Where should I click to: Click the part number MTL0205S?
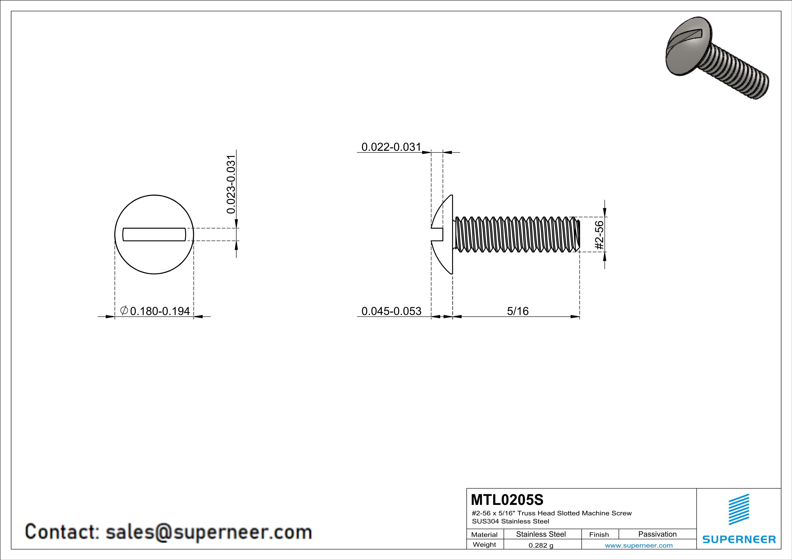click(x=507, y=500)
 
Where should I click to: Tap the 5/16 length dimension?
click(x=517, y=311)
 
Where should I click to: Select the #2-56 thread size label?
click(x=600, y=235)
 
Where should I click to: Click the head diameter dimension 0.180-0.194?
click(x=160, y=311)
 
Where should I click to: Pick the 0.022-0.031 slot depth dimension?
click(x=391, y=147)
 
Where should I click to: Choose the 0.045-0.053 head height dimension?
click(x=391, y=311)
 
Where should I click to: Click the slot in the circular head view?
click(x=154, y=234)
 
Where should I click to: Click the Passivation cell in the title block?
click(x=657, y=534)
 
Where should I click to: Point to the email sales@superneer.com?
click(x=208, y=532)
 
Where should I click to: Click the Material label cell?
click(x=484, y=534)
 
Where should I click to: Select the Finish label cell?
click(x=599, y=534)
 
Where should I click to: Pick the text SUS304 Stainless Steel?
click(x=511, y=521)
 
